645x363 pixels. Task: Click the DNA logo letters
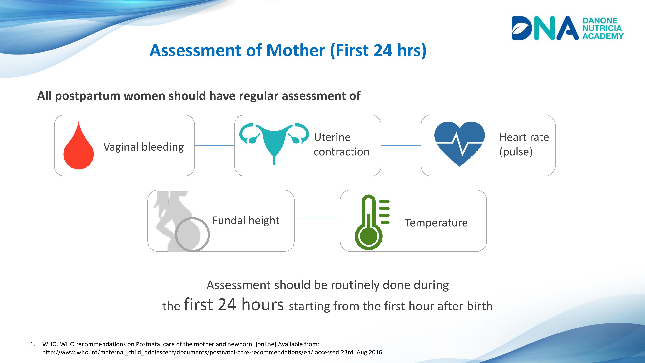coord(545,28)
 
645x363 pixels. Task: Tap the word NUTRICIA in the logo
coord(602,28)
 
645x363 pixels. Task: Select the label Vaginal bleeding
coord(144,147)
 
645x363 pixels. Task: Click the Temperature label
coord(436,223)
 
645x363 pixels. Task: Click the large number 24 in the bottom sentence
coord(227,305)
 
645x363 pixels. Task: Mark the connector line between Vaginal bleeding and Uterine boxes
coord(215,145)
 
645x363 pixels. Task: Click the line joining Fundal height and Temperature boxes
coord(317,218)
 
